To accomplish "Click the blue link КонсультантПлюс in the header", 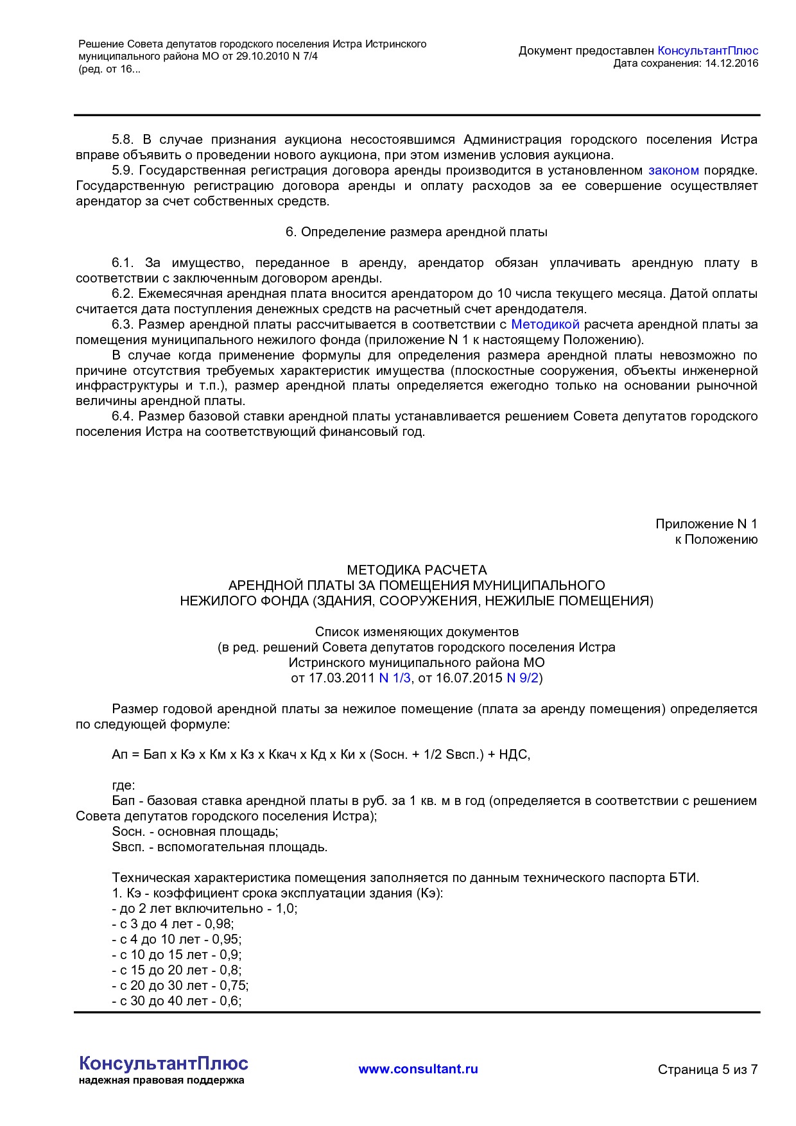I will (x=707, y=51).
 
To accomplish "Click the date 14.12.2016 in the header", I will (x=731, y=63).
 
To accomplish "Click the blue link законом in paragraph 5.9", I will (x=673, y=171).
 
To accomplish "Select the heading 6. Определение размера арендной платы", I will (x=416, y=232).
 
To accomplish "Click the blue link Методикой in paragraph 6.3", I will (x=545, y=324).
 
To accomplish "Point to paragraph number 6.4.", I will (x=122, y=416).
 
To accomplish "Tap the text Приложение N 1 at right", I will (x=705, y=524).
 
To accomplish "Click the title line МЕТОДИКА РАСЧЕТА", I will (x=417, y=570).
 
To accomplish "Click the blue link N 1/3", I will (x=394, y=678).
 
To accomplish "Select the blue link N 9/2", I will (x=523, y=678).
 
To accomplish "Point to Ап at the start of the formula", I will (x=119, y=754).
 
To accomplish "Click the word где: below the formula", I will (x=123, y=785).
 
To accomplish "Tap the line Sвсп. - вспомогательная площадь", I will (x=220, y=847).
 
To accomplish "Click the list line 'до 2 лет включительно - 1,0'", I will (x=204, y=908).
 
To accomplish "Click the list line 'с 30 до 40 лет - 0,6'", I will (x=177, y=1001).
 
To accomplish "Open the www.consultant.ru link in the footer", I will (x=418, y=1069).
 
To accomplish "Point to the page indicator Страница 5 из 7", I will (x=707, y=1070).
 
